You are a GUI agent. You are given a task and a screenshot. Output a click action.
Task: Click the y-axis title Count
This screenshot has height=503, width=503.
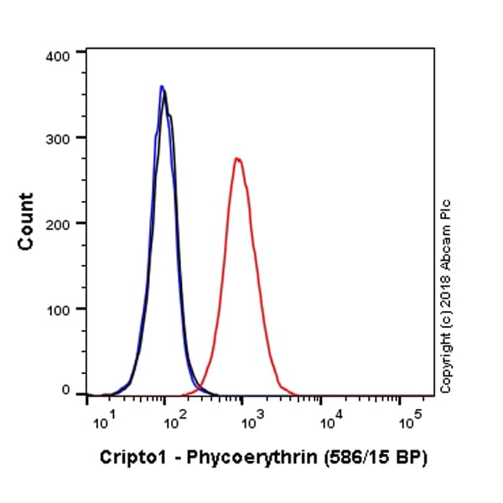26,220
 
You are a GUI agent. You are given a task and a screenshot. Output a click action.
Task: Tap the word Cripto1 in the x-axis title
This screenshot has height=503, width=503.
127,458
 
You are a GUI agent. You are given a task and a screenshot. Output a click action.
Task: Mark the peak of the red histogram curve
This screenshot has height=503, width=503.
238,158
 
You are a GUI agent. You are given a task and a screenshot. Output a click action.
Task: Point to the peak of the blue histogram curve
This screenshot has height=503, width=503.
162,86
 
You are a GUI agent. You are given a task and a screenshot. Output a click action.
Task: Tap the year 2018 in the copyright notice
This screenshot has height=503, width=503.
445,297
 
